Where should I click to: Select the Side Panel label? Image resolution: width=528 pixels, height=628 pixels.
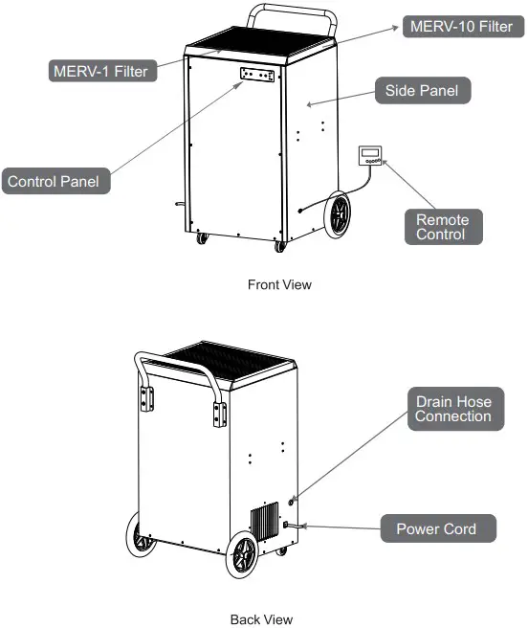[421, 92]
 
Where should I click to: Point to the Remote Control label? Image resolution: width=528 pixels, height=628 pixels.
[441, 227]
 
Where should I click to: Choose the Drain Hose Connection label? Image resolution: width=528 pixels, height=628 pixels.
[453, 409]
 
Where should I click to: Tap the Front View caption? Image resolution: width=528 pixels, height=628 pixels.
[279, 284]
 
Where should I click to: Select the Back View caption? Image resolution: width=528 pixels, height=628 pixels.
[262, 619]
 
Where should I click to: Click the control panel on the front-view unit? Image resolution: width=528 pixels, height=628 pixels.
[257, 76]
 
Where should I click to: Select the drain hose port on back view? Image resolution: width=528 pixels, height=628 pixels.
[292, 499]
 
